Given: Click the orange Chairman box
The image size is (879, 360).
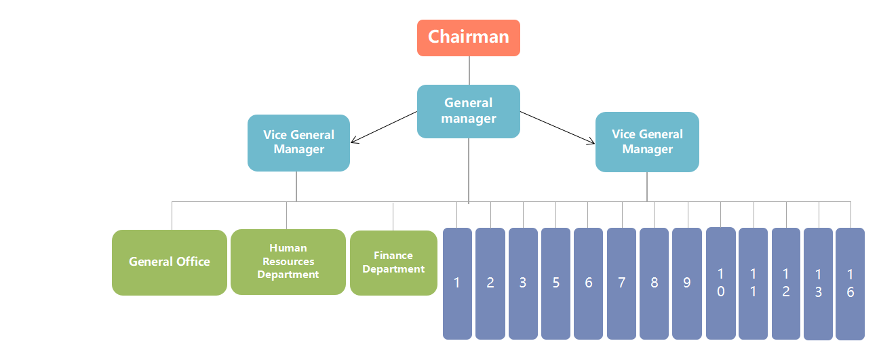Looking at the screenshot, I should (x=468, y=37).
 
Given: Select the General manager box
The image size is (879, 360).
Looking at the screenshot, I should (x=468, y=111).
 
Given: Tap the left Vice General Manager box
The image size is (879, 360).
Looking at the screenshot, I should (x=298, y=142).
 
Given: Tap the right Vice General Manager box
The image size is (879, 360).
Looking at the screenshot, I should (x=647, y=142).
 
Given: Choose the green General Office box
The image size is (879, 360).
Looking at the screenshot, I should (x=170, y=262).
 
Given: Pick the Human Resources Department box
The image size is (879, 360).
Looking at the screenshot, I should (x=288, y=262).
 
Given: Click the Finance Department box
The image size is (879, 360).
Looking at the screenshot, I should (x=393, y=263).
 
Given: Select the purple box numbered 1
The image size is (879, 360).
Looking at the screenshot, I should (x=457, y=283).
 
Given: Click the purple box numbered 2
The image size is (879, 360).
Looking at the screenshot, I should (x=490, y=283).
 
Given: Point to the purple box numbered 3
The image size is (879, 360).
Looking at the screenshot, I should (x=523, y=283).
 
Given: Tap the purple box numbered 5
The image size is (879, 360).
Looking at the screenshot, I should (x=555, y=283).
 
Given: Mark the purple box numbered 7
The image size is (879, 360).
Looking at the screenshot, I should (x=621, y=283).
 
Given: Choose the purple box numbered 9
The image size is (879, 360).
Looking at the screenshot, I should (x=687, y=283).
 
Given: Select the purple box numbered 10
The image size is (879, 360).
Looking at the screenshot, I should (x=720, y=283).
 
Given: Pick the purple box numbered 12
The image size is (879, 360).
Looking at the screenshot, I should (x=786, y=283).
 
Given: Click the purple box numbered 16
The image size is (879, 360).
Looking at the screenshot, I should (x=851, y=283).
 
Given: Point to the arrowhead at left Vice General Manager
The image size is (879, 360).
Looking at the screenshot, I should (x=353, y=142).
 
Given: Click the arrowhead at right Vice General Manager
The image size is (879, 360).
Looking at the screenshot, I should (x=592, y=142).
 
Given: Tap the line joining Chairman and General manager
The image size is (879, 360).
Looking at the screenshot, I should (x=469, y=71).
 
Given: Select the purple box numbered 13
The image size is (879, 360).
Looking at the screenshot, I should (x=818, y=283).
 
